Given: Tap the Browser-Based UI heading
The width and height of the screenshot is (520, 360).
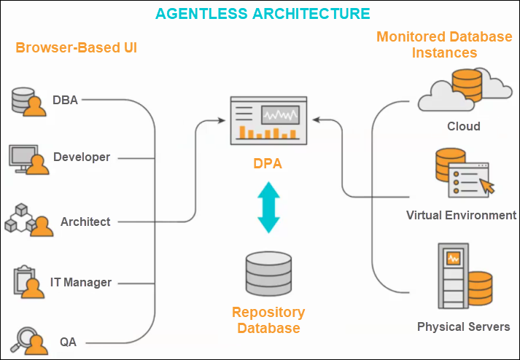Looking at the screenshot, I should click(76, 48).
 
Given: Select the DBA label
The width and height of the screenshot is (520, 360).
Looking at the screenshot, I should click(65, 100).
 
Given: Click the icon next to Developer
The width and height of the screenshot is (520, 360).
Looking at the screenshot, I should click(28, 158).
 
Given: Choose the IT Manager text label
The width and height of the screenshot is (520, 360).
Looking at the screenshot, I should click(80, 282).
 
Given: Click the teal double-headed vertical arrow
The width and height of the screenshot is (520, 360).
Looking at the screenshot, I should click(268, 208).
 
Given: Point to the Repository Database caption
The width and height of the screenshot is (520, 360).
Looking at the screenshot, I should click(268, 320).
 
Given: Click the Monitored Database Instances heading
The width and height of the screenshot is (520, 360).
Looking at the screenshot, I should click(444, 44).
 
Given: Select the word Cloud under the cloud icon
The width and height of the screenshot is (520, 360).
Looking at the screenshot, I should click(464, 126).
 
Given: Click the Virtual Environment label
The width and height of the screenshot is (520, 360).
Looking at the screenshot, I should click(461, 216).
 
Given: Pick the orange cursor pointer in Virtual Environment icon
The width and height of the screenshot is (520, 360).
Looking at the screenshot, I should click(486, 186).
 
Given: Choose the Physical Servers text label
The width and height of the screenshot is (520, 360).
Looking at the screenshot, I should click(463, 326).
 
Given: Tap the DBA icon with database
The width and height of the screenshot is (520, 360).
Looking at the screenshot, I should click(28, 101).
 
